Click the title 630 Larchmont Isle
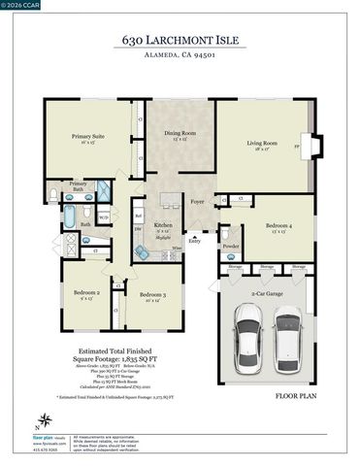(x=180, y=41)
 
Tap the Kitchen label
(x=163, y=226)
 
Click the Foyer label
(x=197, y=203)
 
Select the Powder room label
(x=231, y=246)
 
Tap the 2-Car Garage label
(x=268, y=291)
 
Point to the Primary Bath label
(x=78, y=185)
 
